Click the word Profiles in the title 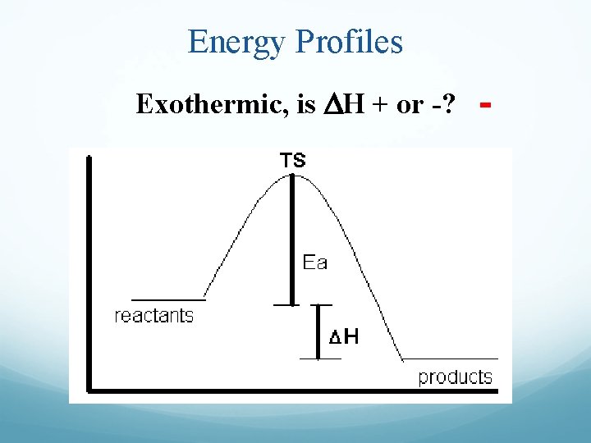[352, 41]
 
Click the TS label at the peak [293, 161]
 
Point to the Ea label [315, 263]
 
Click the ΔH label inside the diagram [343, 336]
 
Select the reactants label [154, 316]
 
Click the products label [455, 377]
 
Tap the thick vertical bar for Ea [291, 238]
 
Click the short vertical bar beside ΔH [317, 331]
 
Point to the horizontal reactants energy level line [168, 300]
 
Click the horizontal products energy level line [451, 359]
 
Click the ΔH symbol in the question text [331, 105]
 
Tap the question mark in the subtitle [450, 105]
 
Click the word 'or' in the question [408, 105]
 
